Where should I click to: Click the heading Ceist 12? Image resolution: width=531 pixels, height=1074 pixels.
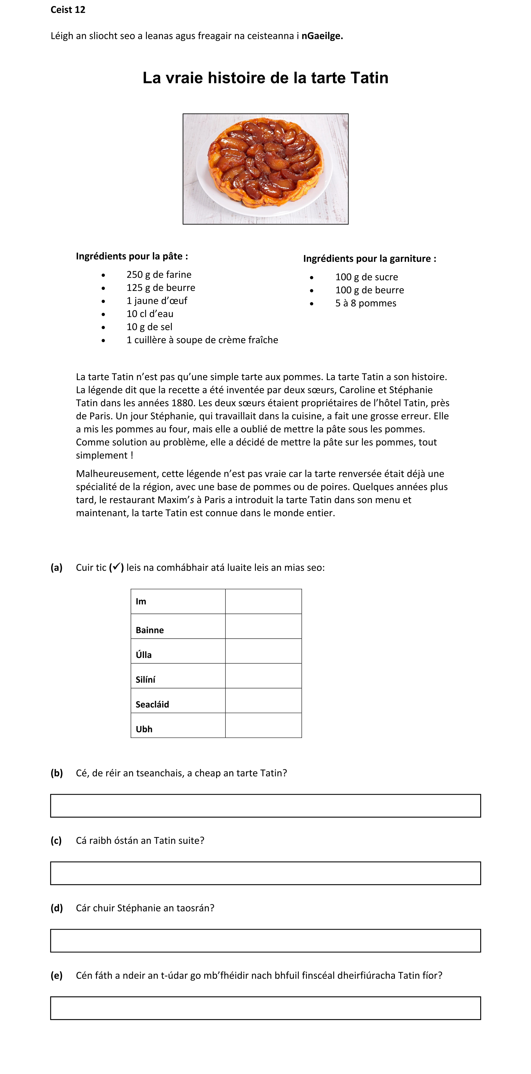68,10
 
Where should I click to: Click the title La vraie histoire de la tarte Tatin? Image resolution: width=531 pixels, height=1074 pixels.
265,78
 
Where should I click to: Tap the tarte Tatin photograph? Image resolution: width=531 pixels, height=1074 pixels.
265,169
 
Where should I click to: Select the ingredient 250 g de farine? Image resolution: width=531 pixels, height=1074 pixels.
159,275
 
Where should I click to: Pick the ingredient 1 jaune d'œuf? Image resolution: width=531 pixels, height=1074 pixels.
157,301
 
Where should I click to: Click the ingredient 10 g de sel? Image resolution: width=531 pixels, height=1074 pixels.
149,327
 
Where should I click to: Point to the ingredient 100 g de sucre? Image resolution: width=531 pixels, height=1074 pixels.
366,277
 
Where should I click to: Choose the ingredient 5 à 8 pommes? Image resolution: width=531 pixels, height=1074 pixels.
365,303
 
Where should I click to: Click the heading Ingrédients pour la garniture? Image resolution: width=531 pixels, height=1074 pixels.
369,259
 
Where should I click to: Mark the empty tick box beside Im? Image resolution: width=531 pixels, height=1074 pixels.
263,601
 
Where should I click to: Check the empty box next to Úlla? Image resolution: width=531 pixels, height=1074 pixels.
263,651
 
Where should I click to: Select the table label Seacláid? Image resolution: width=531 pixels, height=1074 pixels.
152,704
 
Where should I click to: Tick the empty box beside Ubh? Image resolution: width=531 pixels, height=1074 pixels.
263,725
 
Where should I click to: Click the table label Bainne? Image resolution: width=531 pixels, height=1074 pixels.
150,630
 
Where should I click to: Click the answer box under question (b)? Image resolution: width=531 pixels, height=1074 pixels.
265,806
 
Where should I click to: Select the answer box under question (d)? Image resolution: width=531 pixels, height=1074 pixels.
265,940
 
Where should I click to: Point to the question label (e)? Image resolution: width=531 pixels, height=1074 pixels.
57,976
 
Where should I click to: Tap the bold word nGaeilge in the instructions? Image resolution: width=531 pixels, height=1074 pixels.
322,36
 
